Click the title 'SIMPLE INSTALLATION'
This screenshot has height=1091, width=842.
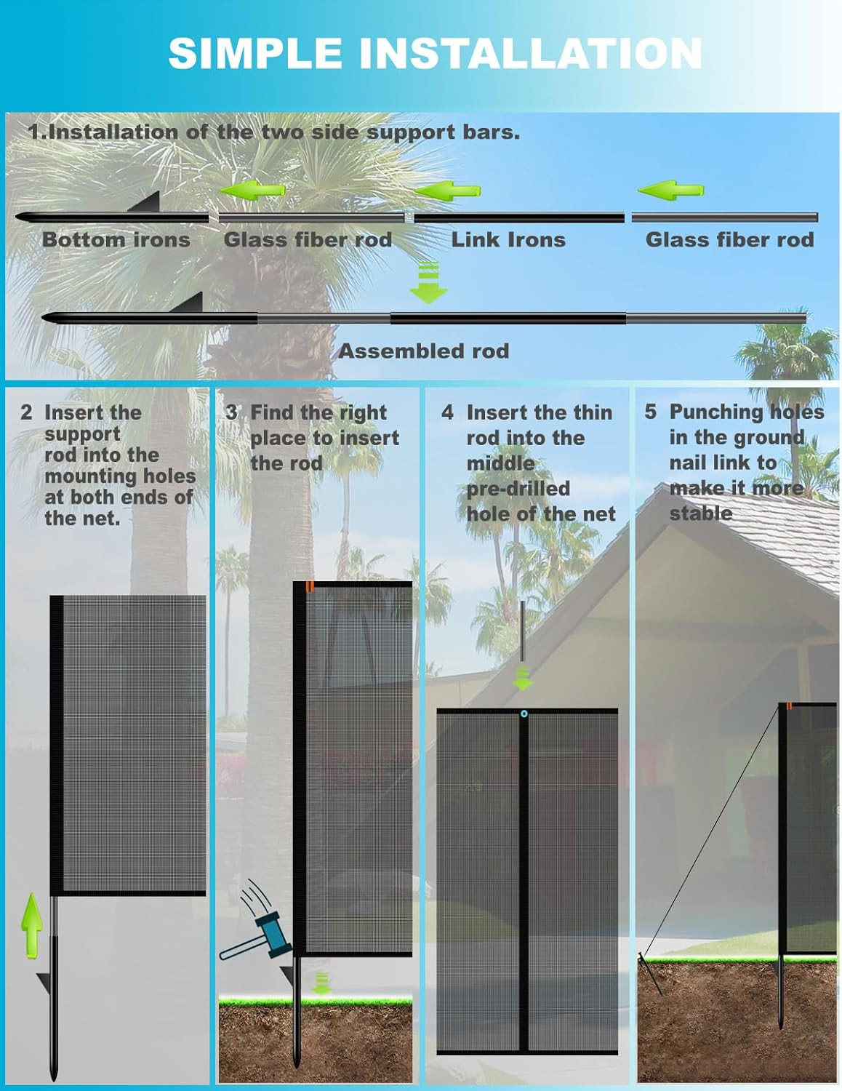click(435, 53)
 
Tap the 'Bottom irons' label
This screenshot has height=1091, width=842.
click(116, 239)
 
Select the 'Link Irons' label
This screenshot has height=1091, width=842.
click(508, 239)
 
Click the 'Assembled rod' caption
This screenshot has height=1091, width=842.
click(423, 351)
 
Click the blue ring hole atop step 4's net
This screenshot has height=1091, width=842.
click(524, 715)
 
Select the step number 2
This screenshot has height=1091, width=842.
click(26, 412)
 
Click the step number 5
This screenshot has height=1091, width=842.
click(650, 412)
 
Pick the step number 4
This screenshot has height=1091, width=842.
click(447, 412)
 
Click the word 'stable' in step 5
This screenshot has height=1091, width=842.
click(700, 513)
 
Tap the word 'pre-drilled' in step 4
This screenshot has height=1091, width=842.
click(518, 488)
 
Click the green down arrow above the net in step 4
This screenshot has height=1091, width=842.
click(522, 678)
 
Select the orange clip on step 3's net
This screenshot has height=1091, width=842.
click(310, 586)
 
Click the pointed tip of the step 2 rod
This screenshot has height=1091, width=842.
click(54, 1072)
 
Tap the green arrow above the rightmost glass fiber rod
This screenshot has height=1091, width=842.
click(670, 191)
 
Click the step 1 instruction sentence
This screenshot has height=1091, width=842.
click(274, 132)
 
